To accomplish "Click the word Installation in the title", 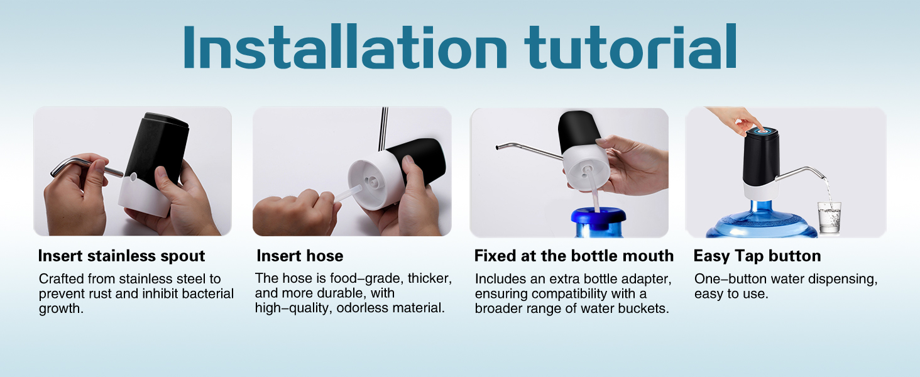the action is pos(346,47).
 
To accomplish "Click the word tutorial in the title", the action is pos(630,47).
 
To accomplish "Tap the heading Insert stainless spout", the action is pos(121,256).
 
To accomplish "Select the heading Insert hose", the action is pos(300,256).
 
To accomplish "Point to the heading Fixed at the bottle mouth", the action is pos(574,256).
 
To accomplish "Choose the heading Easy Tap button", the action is pos(757,256).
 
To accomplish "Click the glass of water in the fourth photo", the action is pos(830,218).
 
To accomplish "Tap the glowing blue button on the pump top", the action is pos(763,131).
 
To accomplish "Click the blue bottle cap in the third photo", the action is pos(598,217).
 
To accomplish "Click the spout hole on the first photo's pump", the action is pos(133,177).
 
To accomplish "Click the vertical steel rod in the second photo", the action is pos(384,129).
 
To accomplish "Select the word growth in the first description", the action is pos(61,309).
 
